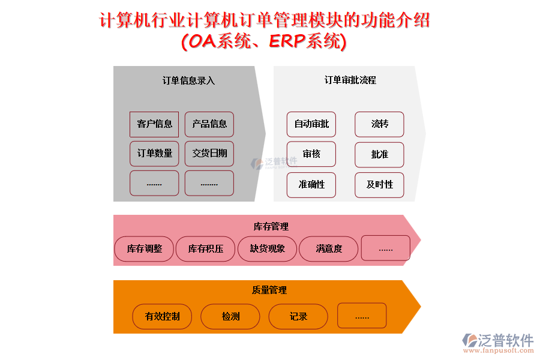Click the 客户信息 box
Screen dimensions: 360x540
154,124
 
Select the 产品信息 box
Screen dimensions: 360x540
209,124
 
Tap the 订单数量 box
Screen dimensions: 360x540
154,154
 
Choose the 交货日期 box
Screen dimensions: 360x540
209,154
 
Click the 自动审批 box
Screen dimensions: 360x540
311,124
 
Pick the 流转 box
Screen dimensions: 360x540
379,124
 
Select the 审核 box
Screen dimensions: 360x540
311,154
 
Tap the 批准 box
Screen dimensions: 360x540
379,155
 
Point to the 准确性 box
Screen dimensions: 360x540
311,185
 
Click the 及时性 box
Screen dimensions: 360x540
379,185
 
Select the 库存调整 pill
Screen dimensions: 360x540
144,248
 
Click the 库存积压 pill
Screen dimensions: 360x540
206,248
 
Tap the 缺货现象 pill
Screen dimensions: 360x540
268,248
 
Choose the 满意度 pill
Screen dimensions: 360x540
329,248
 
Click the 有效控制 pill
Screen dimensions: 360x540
162,316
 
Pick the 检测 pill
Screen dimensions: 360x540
230,316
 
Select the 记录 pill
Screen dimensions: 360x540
298,316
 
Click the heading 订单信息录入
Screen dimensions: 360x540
188,80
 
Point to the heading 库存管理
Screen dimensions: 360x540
271,226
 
